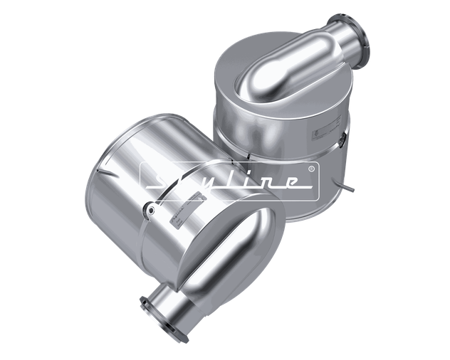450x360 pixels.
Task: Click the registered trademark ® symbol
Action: point(311,169)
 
